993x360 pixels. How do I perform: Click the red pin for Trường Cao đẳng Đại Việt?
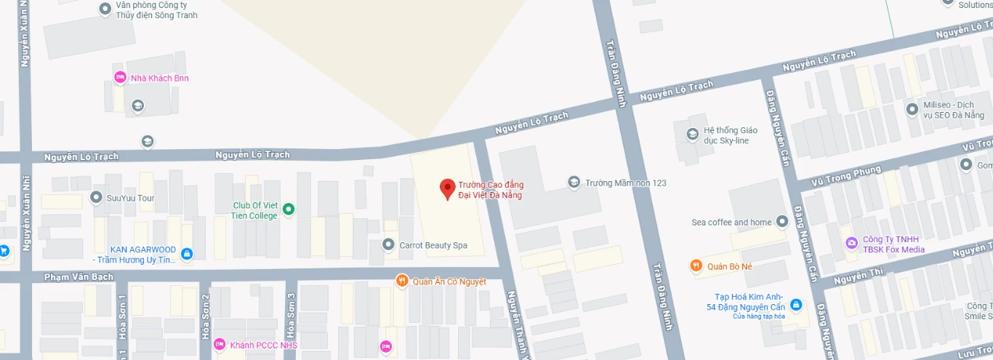(x=448, y=189)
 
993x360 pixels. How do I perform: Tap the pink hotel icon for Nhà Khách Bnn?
(x=120, y=77)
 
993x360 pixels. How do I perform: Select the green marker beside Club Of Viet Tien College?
(x=289, y=209)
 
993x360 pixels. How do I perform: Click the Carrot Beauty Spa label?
(x=433, y=246)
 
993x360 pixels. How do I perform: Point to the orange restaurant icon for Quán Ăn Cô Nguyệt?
(x=401, y=281)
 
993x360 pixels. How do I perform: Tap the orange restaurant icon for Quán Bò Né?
(x=696, y=266)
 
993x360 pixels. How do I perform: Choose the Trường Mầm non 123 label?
(x=626, y=183)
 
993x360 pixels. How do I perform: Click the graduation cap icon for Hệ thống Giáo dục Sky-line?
(x=692, y=135)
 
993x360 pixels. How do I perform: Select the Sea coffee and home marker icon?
(x=782, y=221)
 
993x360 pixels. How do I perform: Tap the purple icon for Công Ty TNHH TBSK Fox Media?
(x=851, y=242)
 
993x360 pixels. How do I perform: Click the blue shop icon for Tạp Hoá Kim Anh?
(x=796, y=303)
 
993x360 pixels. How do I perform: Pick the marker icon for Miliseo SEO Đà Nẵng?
(x=912, y=109)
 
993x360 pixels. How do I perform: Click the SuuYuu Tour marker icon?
(x=96, y=197)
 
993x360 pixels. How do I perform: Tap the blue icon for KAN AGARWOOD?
(x=187, y=254)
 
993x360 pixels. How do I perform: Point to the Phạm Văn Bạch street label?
(x=70, y=277)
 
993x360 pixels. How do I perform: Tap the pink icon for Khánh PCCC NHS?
(x=220, y=344)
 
